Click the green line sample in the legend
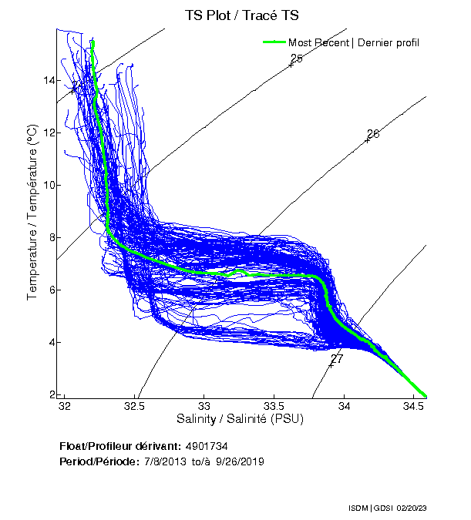click(274, 42)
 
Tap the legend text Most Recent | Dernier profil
click(354, 42)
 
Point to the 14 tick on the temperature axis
click(48, 81)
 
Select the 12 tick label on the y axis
click(48, 133)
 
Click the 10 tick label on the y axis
click(48, 186)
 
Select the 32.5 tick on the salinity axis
click(135, 406)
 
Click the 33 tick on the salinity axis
click(205, 406)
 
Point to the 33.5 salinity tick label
click(274, 406)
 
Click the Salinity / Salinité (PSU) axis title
click(240, 420)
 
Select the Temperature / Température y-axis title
click(32, 212)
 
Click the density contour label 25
click(297, 59)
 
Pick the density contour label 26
click(373, 135)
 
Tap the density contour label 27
click(337, 359)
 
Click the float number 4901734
click(206, 446)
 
